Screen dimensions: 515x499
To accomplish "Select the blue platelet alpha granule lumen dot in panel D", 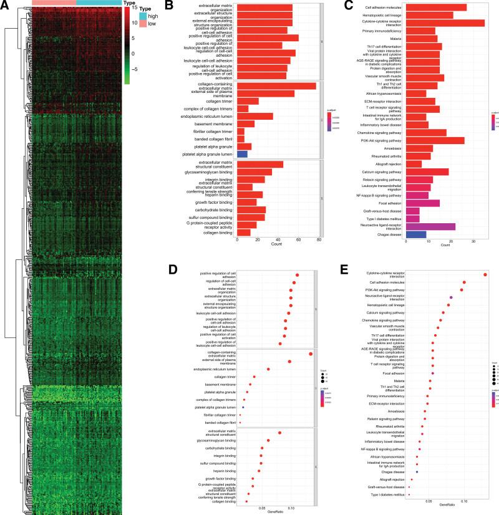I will [x=243, y=407].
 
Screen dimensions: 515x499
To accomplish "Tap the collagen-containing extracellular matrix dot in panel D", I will [x=311, y=354].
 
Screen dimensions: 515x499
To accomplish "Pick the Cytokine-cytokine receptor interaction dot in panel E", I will [x=485, y=275].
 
